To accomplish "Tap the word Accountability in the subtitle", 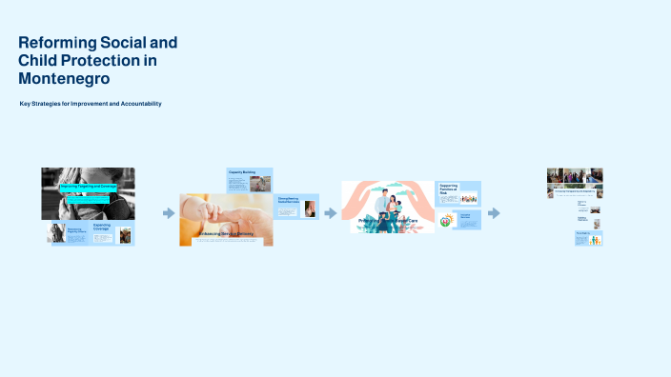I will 134,103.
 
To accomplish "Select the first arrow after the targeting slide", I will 169,213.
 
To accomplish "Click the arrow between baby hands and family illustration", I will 330,213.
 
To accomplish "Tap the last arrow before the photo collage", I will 494,213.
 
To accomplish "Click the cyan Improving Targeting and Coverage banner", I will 89,188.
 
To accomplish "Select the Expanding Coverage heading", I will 103,228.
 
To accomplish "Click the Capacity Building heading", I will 242,172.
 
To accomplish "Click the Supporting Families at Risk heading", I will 449,188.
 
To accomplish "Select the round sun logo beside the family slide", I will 445,221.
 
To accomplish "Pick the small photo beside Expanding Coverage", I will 124,234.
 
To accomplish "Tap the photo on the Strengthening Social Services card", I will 310,209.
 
